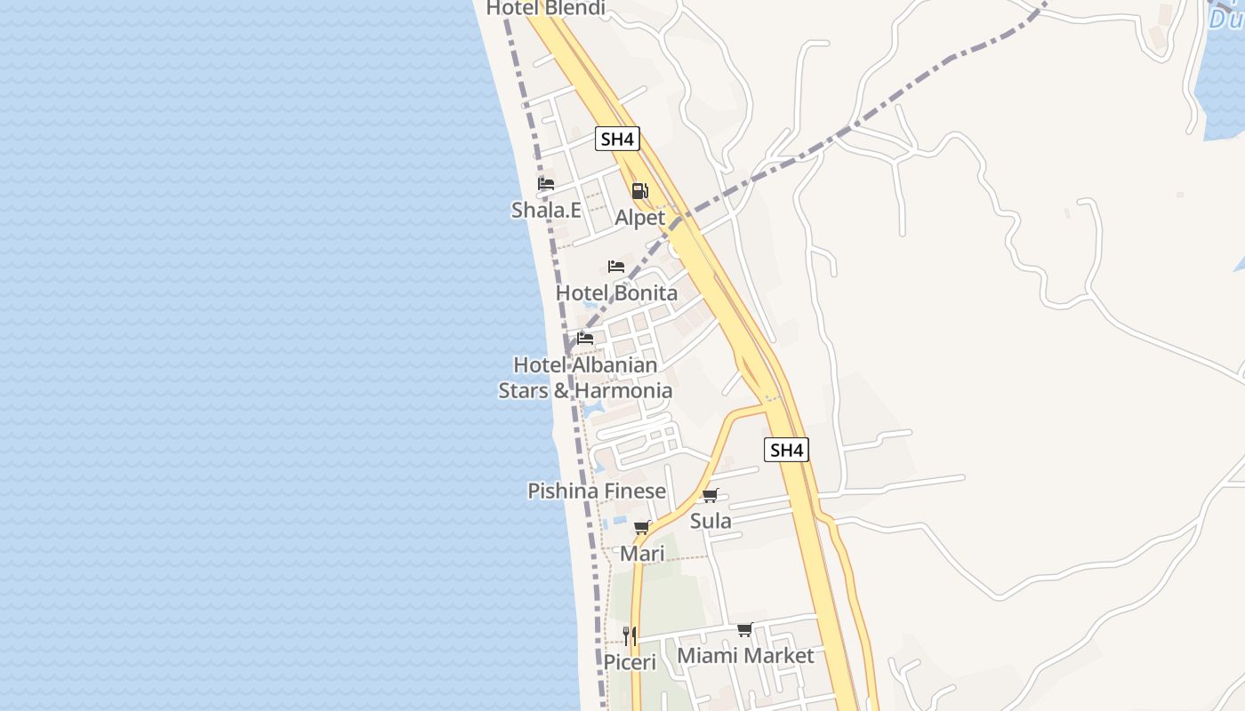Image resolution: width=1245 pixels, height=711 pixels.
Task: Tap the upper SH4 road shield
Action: coord(617,139)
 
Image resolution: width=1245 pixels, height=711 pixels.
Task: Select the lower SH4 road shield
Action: coord(786,450)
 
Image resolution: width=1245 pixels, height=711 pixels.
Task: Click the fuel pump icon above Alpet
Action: coord(639,191)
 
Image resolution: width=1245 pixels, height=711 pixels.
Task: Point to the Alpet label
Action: coord(639,218)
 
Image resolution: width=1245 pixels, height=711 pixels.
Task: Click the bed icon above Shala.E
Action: coord(546,184)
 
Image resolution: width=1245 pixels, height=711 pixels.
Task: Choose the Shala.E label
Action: coord(546,211)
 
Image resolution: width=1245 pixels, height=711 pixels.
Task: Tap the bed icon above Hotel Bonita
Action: coord(616,267)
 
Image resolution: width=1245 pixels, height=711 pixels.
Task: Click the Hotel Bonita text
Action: coord(616,293)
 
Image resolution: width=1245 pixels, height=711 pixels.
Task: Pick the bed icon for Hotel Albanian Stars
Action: coord(585,339)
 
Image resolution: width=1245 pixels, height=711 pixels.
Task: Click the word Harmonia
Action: coord(623,390)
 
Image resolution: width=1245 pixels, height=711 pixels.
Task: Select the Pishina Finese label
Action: coord(597,491)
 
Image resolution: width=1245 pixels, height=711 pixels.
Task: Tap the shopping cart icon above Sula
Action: coord(710,496)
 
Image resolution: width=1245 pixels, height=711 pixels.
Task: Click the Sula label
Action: coord(711,521)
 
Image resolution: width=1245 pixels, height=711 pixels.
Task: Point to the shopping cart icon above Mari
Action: coord(642,528)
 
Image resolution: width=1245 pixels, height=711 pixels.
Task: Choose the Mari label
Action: coord(642,554)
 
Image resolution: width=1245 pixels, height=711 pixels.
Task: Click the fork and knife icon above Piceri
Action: coord(630,635)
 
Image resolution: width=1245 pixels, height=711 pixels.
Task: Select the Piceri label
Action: coord(630,662)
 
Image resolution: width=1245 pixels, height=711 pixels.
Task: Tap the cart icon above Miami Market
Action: coord(745,630)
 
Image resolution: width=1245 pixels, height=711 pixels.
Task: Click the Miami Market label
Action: coord(745,656)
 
